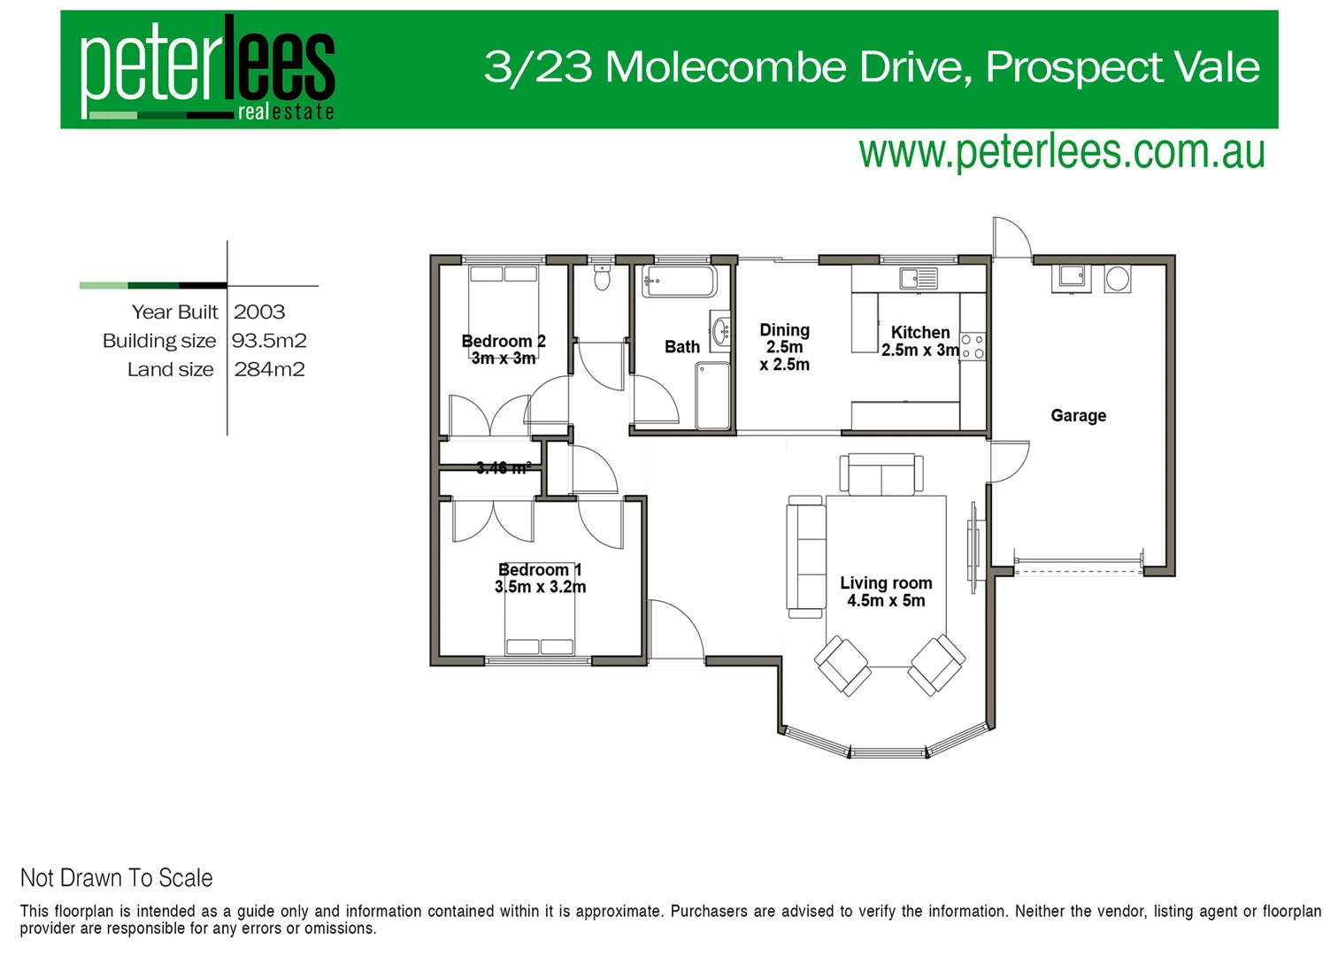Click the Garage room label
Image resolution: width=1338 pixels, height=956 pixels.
click(1078, 416)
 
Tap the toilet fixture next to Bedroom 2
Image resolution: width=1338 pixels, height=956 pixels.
click(602, 278)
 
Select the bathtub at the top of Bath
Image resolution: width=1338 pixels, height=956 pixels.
click(679, 281)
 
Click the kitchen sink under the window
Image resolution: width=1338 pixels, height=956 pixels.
click(919, 279)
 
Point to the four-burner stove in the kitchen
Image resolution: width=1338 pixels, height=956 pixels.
click(973, 346)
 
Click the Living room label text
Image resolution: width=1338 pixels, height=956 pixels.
click(886, 591)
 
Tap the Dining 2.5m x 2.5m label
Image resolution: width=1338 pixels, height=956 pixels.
click(784, 347)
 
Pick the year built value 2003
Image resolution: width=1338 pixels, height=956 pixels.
click(259, 312)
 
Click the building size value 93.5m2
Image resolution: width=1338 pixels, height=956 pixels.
click(269, 341)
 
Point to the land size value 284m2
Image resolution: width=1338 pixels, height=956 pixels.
click(269, 370)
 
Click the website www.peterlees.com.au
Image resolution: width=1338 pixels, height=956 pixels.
click(1061, 152)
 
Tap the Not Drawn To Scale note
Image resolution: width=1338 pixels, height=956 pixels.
click(117, 878)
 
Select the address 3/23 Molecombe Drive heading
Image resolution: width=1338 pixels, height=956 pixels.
click(871, 67)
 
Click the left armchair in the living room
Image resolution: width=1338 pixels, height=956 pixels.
click(842, 665)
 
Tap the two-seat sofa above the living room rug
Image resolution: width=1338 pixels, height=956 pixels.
click(880, 475)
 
